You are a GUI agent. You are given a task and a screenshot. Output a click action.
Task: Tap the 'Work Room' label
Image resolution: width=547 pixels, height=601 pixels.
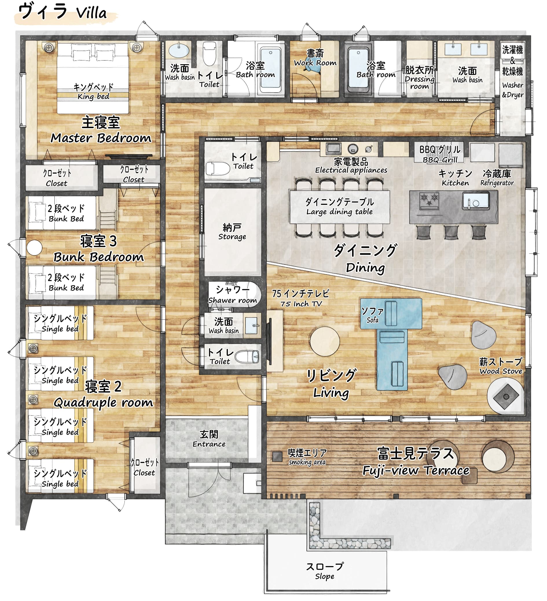tap(315, 62)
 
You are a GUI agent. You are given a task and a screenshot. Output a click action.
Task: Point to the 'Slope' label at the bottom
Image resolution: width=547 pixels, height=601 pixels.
tap(325, 576)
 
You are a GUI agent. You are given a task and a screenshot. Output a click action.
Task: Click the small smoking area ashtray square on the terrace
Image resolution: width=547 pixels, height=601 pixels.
tap(277, 456)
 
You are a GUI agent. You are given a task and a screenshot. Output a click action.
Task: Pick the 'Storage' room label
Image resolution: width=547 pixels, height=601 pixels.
tap(232, 237)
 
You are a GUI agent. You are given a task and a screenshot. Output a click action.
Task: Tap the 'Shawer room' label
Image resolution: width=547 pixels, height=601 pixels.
tap(232, 300)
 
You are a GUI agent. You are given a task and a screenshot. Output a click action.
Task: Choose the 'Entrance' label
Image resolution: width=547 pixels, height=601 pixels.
tap(209, 444)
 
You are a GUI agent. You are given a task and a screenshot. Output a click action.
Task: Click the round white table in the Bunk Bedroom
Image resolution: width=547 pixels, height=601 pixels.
tap(34, 248)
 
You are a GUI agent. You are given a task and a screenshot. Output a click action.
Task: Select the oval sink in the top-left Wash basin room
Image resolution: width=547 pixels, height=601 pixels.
tap(179, 50)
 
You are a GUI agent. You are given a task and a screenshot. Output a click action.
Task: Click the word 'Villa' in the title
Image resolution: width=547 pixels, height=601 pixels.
tap(91, 13)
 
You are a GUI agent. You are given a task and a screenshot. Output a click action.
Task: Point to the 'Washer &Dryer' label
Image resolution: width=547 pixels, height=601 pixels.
tap(512, 90)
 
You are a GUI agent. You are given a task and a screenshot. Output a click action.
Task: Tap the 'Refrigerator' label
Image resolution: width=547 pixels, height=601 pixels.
tap(497, 183)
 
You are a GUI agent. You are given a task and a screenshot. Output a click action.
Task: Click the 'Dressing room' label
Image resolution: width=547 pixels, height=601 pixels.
tap(419, 83)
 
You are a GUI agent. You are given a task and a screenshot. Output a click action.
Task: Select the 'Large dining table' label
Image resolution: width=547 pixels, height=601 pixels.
tap(339, 212)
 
